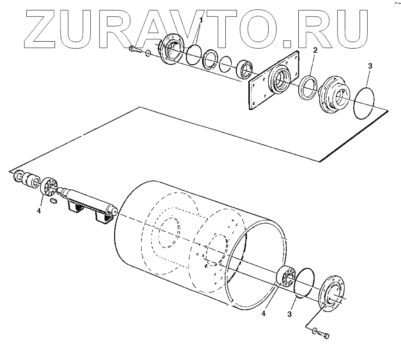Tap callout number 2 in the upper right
coord(315,50)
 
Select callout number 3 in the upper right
coord(369,66)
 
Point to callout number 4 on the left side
coord(39,211)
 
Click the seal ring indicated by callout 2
coord(308,87)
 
